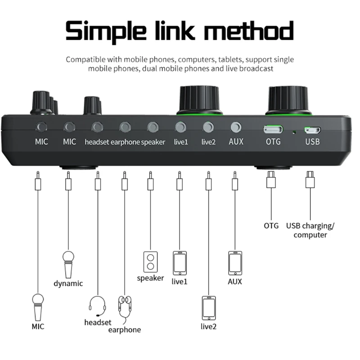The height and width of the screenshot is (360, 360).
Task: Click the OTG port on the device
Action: pyautogui.click(x=273, y=130)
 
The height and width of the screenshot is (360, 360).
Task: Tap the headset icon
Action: pyautogui.click(x=98, y=306)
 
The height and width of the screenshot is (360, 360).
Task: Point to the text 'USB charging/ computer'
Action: pyautogui.click(x=310, y=230)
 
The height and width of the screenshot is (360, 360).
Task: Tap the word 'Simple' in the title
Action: pyautogui.click(x=111, y=32)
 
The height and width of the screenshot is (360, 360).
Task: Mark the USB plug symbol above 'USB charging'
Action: pyautogui.click(x=310, y=180)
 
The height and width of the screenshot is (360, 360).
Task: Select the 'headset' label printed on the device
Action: pyautogui.click(x=97, y=142)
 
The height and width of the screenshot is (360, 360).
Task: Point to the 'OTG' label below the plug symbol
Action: pyautogui.click(x=271, y=225)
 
